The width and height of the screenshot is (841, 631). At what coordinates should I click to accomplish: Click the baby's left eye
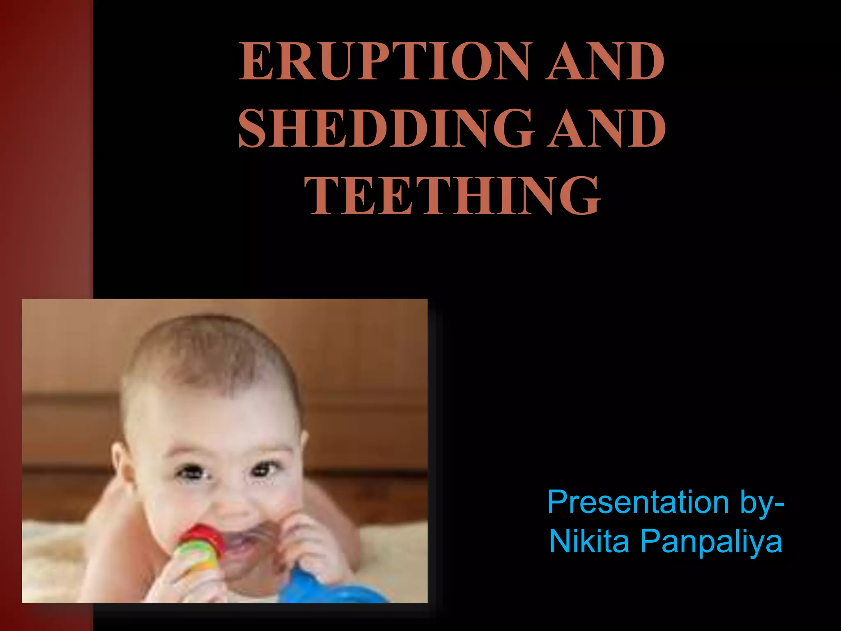pos(265,468)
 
